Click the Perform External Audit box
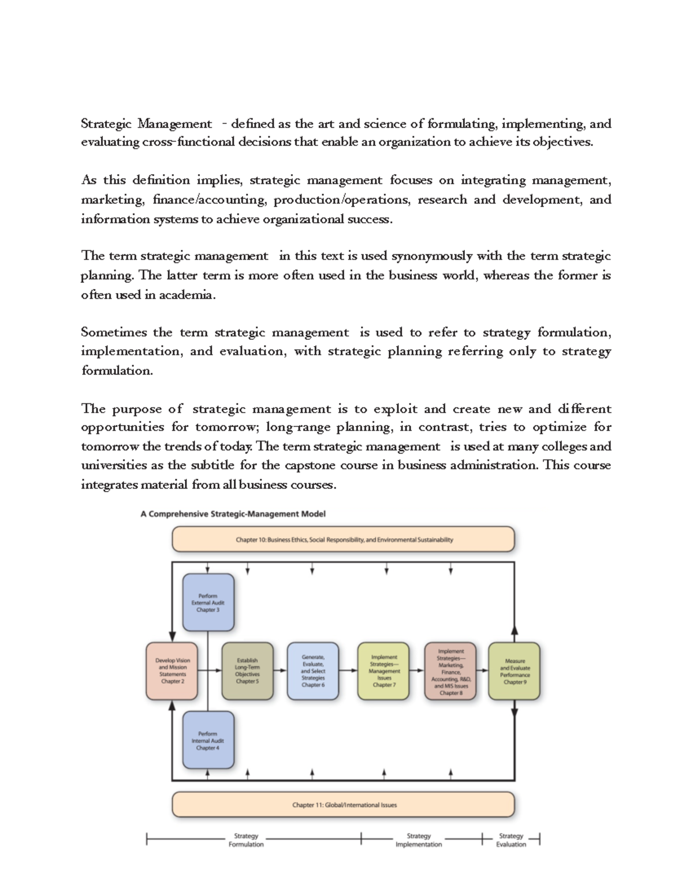pyautogui.click(x=208, y=602)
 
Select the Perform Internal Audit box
pyautogui.click(x=208, y=740)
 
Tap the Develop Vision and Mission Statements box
pyautogui.click(x=172, y=670)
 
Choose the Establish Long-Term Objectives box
pyautogui.click(x=248, y=670)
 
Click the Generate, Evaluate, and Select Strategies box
pyautogui.click(x=313, y=670)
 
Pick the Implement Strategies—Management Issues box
pyautogui.click(x=384, y=670)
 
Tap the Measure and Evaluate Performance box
pyautogui.click(x=514, y=671)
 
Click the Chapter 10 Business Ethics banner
pyautogui.click(x=344, y=540)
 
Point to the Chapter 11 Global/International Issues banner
pyautogui.click(x=344, y=804)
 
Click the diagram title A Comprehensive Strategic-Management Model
pyautogui.click(x=233, y=513)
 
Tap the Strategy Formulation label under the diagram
pyautogui.click(x=246, y=840)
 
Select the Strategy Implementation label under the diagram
pyautogui.click(x=418, y=840)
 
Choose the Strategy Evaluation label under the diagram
pyautogui.click(x=511, y=840)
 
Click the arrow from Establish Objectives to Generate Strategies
pyautogui.click(x=280, y=670)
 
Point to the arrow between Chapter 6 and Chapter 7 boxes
pyautogui.click(x=348, y=670)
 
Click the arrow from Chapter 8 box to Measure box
pyautogui.click(x=483, y=670)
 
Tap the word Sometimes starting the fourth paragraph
pyautogui.click(x=113, y=332)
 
